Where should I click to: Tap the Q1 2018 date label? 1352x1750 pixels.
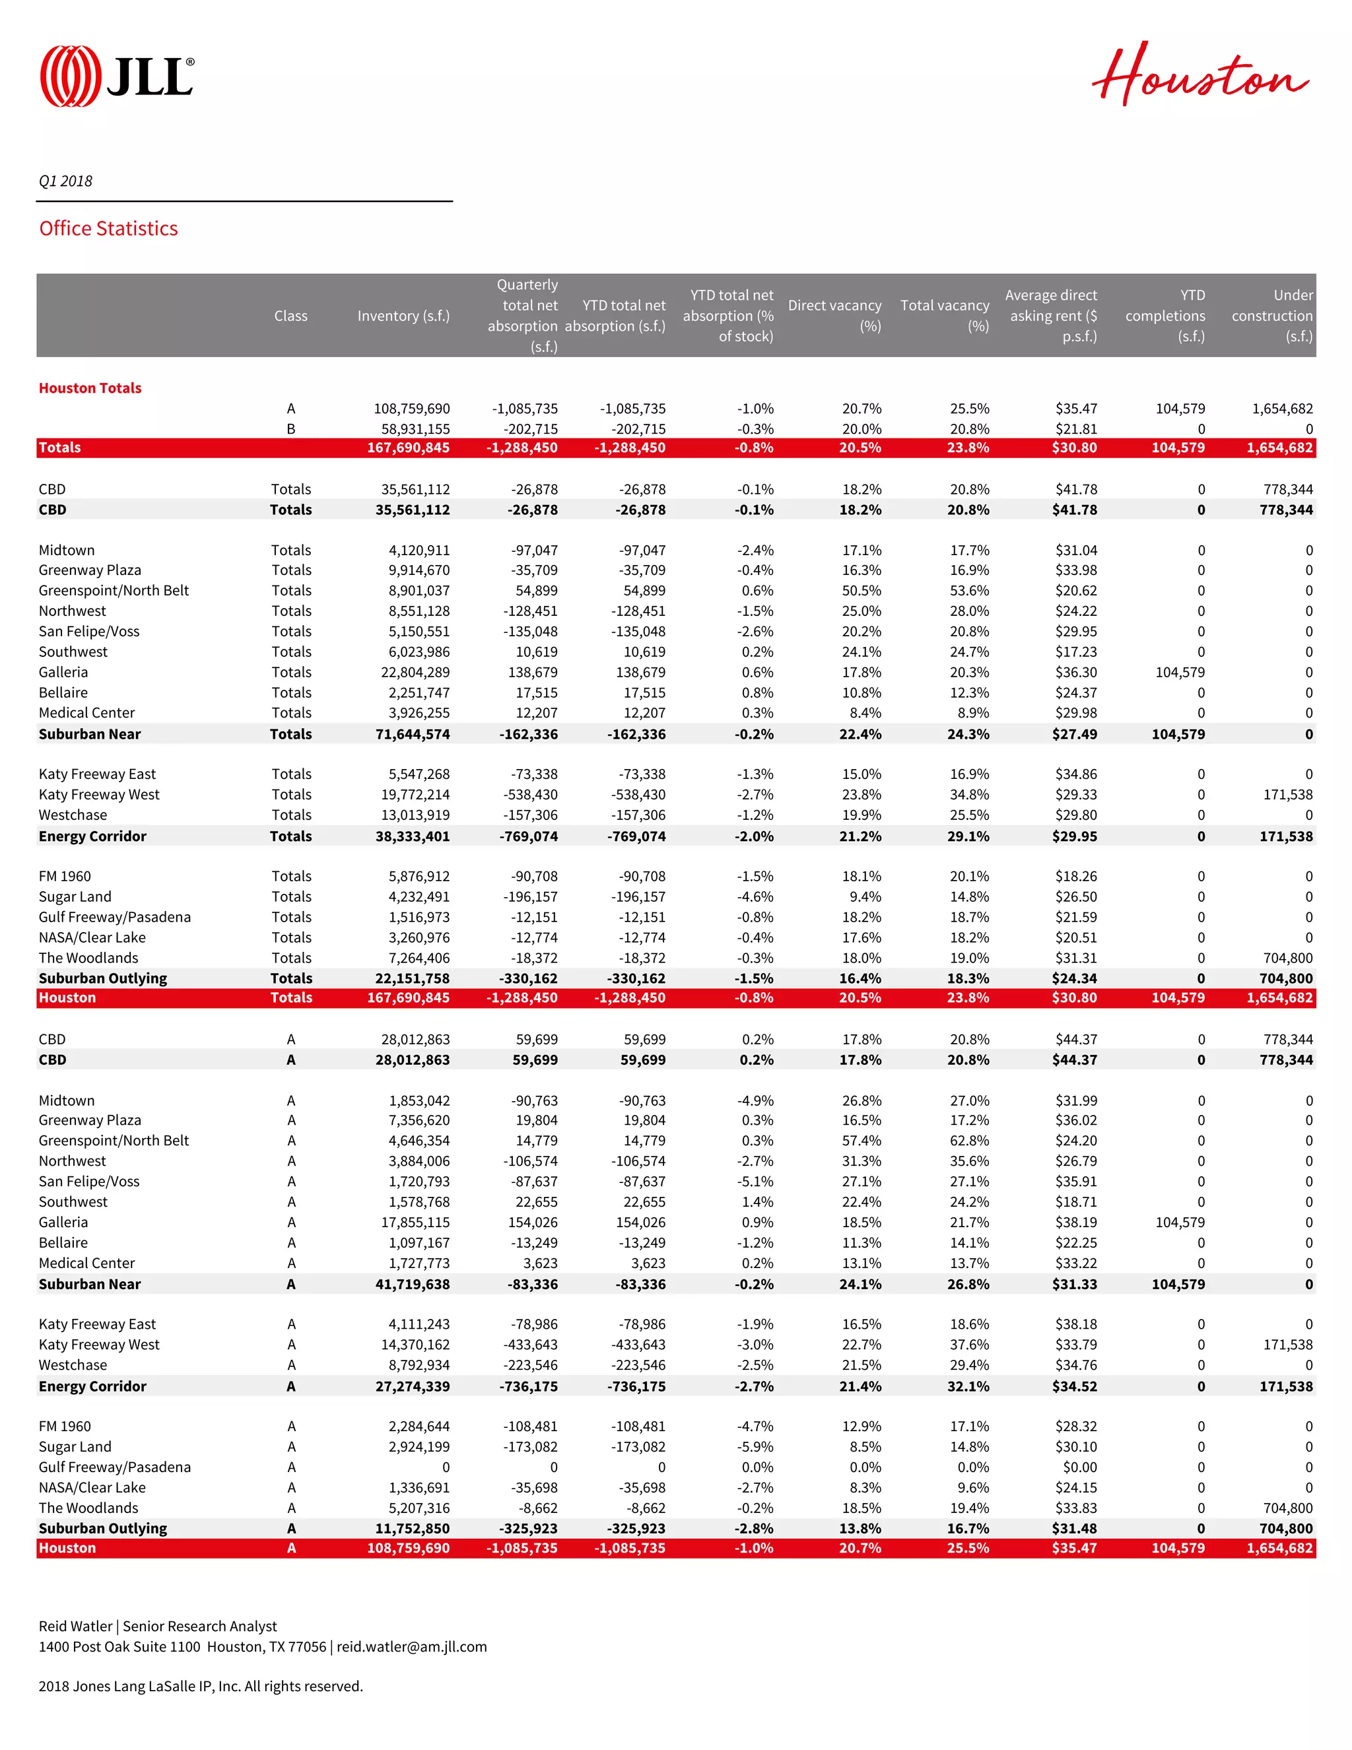click(66, 181)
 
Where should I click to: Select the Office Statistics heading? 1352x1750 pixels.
click(108, 228)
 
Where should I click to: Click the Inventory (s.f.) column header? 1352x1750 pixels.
click(403, 316)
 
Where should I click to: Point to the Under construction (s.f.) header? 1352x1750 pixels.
click(1272, 316)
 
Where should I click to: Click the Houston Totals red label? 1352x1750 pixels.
click(90, 387)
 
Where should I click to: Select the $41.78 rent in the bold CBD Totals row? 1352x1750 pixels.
click(1074, 510)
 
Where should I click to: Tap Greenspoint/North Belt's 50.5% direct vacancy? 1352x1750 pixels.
click(861, 591)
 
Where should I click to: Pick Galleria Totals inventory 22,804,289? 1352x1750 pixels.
click(415, 672)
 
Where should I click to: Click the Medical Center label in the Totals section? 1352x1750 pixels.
click(86, 712)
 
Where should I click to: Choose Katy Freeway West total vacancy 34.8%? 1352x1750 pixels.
click(969, 794)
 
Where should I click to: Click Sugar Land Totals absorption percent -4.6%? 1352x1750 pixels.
click(755, 896)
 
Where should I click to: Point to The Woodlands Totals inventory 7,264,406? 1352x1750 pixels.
click(419, 958)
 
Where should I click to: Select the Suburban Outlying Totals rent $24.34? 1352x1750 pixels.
click(1074, 978)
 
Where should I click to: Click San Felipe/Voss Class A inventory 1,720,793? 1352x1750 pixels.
click(419, 1181)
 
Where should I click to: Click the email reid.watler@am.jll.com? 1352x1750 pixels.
click(411, 1646)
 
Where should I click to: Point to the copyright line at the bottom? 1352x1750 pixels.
click(200, 1686)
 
